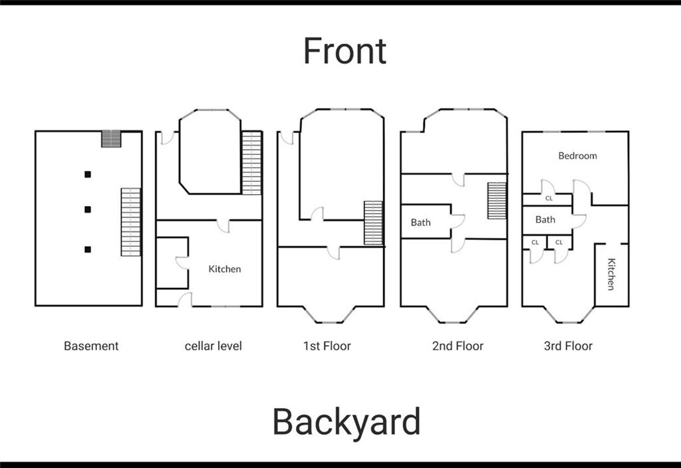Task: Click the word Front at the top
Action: point(344,51)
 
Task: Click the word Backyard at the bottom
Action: point(346,421)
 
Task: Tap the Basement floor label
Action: point(91,346)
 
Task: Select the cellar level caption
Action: point(213,346)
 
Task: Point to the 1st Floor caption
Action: point(327,346)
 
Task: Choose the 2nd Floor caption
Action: point(458,346)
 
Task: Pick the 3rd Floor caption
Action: point(568,346)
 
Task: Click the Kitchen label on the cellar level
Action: point(225,269)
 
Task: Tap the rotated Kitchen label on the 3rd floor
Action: point(611,274)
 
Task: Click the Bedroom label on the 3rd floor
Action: point(578,156)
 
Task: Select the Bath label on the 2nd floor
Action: point(421,223)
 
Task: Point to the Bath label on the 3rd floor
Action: point(545,219)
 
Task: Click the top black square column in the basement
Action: point(88,175)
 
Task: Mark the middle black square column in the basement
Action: point(88,209)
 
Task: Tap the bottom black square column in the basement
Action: point(88,250)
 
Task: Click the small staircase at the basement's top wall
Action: point(111,139)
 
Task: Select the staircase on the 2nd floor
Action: point(497,201)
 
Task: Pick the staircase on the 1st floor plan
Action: point(374,223)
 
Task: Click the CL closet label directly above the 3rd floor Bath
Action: point(549,198)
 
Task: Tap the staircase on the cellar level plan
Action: point(252,163)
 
